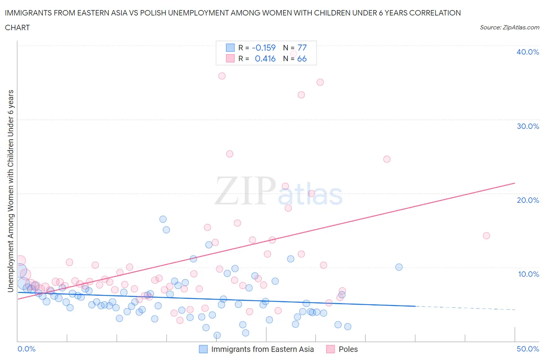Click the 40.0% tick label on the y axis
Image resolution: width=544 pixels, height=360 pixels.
(528, 52)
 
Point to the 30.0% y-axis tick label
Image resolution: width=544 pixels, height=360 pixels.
(528, 126)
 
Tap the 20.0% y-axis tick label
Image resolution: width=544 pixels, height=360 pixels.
(528, 200)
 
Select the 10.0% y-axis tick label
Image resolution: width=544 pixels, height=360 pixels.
(528, 274)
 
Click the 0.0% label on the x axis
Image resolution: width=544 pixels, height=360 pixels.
(26, 349)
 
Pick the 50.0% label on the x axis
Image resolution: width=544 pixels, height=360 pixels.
(528, 349)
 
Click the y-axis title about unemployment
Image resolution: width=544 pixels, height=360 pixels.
(10, 190)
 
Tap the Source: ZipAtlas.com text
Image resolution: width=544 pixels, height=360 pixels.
(509, 27)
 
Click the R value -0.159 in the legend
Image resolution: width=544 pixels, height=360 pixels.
(263, 48)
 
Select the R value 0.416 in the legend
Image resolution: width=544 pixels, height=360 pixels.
(265, 58)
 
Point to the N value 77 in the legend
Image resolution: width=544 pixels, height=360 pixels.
(302, 48)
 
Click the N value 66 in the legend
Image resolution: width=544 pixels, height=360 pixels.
(302, 58)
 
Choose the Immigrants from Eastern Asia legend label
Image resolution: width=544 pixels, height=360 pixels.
(262, 349)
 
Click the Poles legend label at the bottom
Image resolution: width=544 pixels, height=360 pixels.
(348, 349)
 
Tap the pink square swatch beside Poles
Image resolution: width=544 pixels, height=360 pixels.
(330, 349)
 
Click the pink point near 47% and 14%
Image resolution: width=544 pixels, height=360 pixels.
(486, 236)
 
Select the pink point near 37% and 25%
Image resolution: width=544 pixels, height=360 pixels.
(387, 159)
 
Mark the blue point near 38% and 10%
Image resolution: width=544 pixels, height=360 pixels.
(399, 267)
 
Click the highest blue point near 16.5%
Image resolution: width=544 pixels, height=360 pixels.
(163, 219)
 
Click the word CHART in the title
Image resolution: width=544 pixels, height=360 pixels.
(17, 27)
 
